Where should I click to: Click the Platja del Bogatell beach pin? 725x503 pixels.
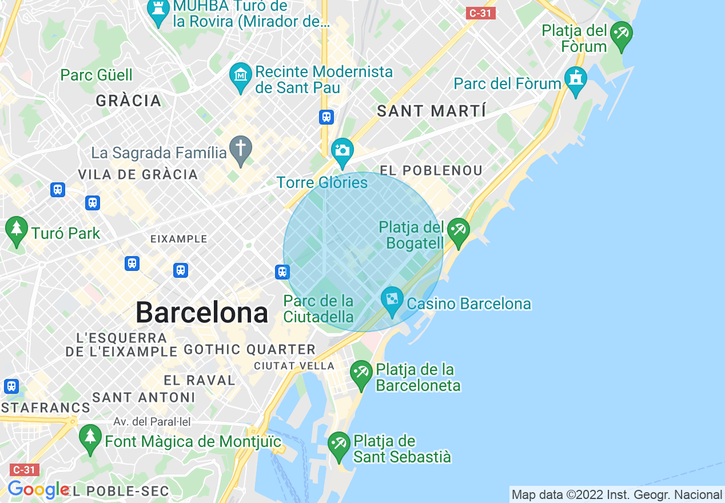[458, 232]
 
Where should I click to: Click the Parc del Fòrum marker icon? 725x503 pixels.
[575, 81]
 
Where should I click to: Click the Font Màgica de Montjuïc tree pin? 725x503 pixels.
[90, 438]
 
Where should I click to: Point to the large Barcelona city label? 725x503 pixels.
[202, 313]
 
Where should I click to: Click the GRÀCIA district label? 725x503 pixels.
[129, 101]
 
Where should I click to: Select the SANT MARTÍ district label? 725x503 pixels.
[432, 111]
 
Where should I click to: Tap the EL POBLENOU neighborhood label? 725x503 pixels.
[431, 170]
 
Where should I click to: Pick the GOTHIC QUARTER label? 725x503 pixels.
[250, 349]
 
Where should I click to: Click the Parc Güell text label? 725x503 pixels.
[97, 75]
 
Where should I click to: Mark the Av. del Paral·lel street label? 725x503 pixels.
[152, 422]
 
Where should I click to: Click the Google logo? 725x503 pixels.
[38, 489]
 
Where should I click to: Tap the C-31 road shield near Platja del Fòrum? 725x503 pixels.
[480, 13]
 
